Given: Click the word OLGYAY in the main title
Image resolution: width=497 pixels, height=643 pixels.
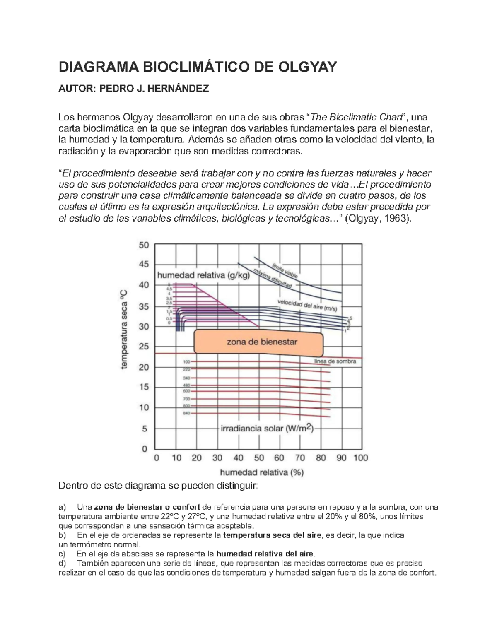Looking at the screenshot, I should (x=306, y=67).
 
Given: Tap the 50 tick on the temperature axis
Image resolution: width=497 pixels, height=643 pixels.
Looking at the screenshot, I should (x=143, y=245).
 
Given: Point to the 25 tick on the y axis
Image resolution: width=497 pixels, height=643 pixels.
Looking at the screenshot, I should (x=143, y=347).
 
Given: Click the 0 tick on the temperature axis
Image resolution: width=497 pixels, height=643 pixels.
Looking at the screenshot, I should (x=145, y=448).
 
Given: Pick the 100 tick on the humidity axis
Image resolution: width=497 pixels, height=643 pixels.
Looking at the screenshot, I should (x=360, y=458).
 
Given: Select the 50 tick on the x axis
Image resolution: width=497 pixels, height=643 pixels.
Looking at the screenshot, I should (x=258, y=458).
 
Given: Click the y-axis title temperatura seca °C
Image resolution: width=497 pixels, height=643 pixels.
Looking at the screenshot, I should (x=124, y=330).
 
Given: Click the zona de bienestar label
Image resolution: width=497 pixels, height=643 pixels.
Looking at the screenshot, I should (x=262, y=342).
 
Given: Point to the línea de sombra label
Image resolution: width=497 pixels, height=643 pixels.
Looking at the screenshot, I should (x=335, y=361).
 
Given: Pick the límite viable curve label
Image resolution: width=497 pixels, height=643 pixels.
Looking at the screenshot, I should (x=284, y=270).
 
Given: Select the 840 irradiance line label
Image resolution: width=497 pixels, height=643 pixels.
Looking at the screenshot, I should (x=186, y=413).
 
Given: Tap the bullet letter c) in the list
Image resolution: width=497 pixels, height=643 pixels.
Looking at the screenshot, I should (x=63, y=554).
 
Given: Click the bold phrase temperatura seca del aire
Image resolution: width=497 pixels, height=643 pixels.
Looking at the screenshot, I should (x=272, y=535).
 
